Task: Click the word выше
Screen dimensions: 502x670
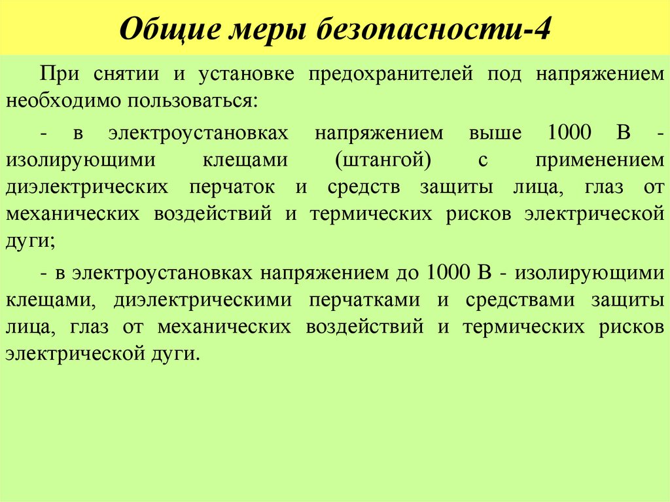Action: click(495, 134)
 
